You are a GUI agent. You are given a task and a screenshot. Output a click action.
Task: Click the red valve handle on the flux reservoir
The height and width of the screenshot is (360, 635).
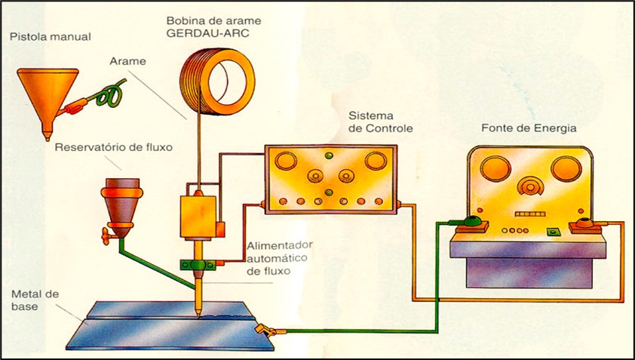tap(102, 236)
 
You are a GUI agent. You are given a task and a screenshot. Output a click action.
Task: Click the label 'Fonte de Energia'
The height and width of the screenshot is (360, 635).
tap(529, 128)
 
